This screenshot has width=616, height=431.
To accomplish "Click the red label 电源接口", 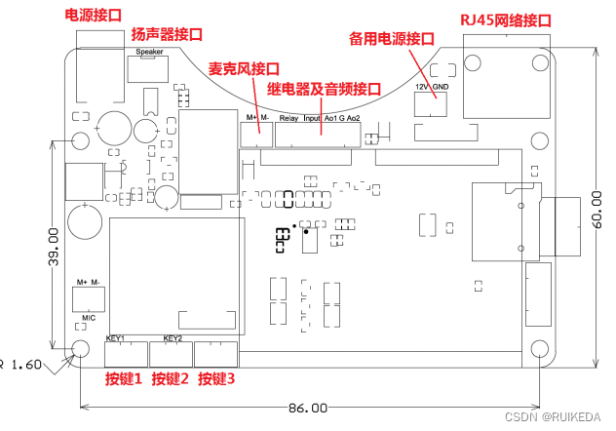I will coord(95,15).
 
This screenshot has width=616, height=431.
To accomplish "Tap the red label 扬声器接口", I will coord(167,34).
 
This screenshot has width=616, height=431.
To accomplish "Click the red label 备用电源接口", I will coord(391,39).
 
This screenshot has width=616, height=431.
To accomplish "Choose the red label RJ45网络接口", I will coord(505,20).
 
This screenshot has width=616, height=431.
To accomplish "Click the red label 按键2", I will coord(171,378).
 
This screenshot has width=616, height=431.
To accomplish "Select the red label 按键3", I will coord(216,378).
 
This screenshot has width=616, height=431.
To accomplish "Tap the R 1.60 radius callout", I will coord(24,364).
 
